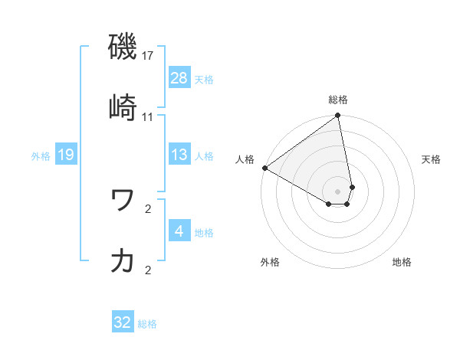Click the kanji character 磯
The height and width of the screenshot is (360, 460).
tap(123, 47)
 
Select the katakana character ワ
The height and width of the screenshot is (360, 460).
tap(123, 201)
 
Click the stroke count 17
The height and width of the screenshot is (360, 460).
tap(148, 56)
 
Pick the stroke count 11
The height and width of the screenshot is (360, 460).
tap(148, 116)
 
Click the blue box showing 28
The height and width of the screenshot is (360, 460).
tap(179, 78)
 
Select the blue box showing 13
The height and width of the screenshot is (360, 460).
tap(179, 155)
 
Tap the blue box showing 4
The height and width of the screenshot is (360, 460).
tap(179, 231)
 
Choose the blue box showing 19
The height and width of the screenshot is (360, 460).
tap(66, 155)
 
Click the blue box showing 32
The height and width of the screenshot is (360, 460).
tap(123, 322)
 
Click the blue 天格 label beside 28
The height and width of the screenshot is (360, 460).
tap(204, 79)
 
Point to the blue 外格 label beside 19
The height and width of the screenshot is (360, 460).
tap(41, 155)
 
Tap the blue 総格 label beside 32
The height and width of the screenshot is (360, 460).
tap(147, 323)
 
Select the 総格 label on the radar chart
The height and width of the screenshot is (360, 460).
tap(338, 100)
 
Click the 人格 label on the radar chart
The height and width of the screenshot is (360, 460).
tap(245, 159)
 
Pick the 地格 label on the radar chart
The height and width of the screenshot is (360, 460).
tap(402, 262)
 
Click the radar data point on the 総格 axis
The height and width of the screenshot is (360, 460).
tap(338, 116)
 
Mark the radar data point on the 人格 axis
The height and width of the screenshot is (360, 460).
tap(264, 168)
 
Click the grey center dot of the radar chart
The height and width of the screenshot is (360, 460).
tap(338, 191)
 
